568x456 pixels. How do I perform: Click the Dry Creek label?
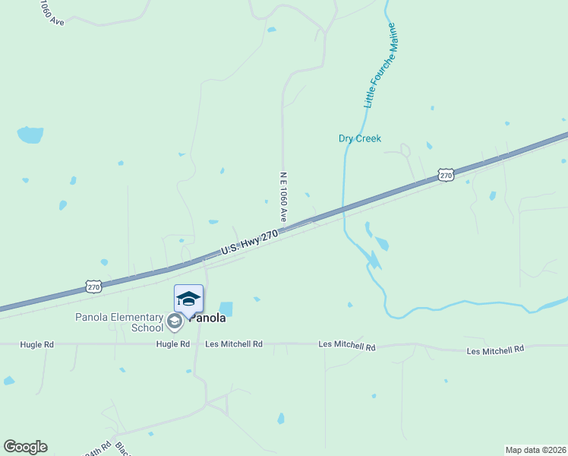point(359,139)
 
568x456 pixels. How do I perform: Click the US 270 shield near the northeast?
point(446,176)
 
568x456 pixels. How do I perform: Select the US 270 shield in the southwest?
point(93,287)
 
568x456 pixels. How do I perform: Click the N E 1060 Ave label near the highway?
point(282,196)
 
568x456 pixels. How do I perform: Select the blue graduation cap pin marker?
point(188,299)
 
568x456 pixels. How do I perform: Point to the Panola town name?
point(207,318)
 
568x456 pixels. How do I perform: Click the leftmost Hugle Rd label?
point(37,344)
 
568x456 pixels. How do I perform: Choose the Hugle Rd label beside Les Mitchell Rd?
point(172,344)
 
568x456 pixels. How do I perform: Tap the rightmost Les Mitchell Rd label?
point(495,350)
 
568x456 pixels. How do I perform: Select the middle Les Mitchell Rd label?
point(346,347)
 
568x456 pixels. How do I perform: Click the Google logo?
point(25,447)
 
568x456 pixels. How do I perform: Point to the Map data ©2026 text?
point(535,450)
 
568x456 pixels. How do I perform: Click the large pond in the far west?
point(30,135)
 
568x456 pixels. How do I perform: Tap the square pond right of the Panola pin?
point(226,309)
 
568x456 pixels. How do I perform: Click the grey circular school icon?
point(174,321)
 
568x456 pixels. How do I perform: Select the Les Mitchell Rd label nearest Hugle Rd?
point(234,344)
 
